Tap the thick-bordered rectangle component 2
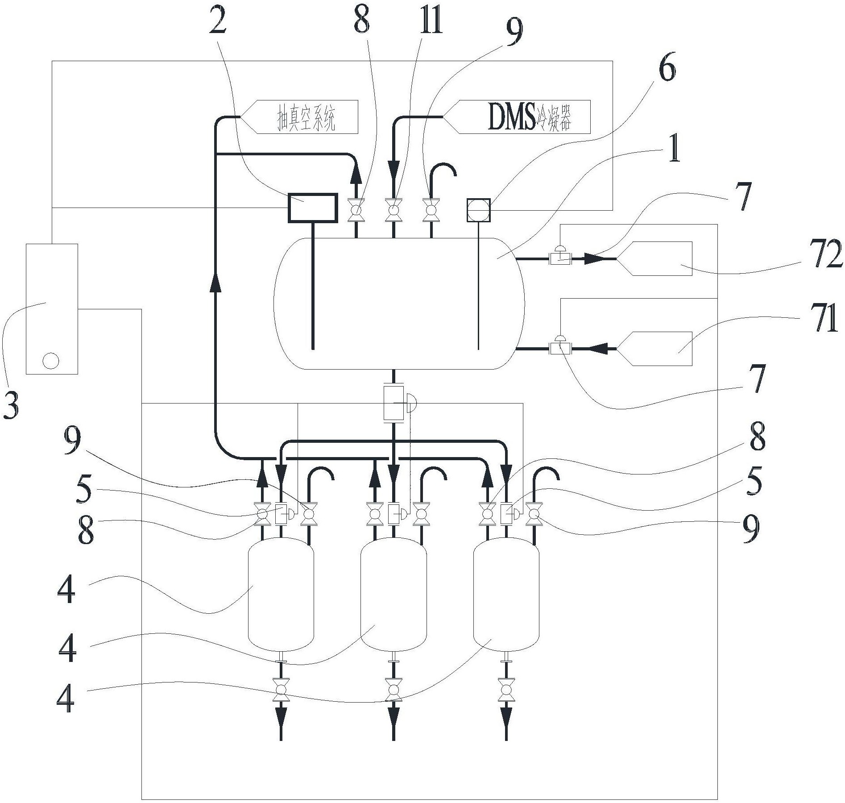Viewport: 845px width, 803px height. click(312, 208)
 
